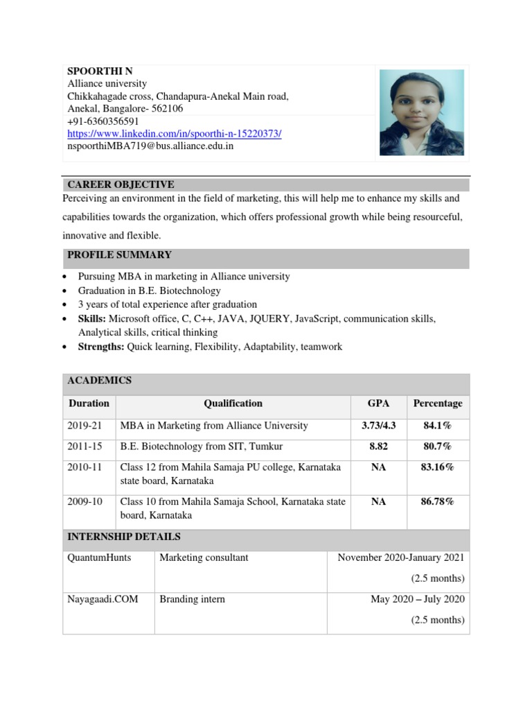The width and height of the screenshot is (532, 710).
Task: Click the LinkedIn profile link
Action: [174, 134]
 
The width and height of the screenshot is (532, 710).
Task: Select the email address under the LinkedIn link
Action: [150, 146]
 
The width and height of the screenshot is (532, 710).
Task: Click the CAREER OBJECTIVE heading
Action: [121, 184]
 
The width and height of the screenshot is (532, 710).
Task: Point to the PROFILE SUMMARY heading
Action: [119, 255]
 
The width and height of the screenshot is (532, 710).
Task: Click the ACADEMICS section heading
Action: [99, 381]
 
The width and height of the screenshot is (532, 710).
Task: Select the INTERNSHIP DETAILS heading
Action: [123, 537]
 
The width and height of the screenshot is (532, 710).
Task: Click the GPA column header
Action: [378, 404]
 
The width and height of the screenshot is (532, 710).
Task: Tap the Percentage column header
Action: [438, 404]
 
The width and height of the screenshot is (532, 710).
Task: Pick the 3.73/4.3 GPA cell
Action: [378, 426]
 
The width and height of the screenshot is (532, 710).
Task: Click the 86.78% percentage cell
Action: [438, 502]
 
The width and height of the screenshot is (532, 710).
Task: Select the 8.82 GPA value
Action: [378, 447]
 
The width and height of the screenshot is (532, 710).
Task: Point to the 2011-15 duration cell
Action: [85, 447]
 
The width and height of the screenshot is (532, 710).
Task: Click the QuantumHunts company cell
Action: [99, 557]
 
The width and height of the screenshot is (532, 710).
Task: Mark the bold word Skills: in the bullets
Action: [92, 319]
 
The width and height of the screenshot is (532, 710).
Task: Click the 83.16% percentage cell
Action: [438, 467]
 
